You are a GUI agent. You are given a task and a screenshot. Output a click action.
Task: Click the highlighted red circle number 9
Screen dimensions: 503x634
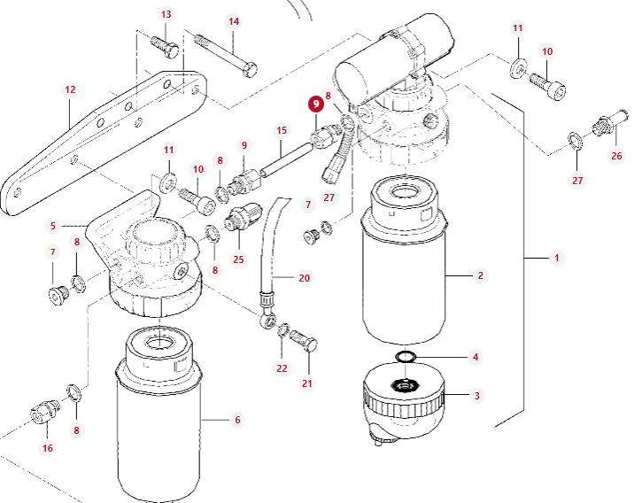tap(316, 104)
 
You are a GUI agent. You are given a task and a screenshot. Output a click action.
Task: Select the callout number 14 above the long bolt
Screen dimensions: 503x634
tap(234, 21)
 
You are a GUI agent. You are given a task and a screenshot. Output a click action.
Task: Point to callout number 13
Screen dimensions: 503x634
tap(166, 15)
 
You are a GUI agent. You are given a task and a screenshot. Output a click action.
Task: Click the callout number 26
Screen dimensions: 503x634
tap(616, 156)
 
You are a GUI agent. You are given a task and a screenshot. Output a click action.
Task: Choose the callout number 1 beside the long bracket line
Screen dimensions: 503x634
tap(557, 258)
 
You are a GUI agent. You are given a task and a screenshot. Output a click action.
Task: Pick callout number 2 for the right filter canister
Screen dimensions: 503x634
tap(480, 275)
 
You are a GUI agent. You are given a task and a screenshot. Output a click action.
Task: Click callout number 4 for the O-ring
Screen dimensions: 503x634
tap(475, 357)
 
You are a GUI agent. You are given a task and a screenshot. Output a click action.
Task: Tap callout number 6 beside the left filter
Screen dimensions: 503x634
tap(237, 420)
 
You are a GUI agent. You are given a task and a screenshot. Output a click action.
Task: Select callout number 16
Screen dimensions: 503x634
tap(48, 448)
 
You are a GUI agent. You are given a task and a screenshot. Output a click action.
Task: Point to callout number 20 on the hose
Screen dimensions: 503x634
tap(304, 277)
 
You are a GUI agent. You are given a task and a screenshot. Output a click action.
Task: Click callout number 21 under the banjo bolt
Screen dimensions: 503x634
tap(307, 383)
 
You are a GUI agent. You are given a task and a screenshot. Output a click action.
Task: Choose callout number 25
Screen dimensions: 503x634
tap(238, 259)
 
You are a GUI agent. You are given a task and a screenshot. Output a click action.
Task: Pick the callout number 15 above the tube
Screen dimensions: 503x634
tap(282, 130)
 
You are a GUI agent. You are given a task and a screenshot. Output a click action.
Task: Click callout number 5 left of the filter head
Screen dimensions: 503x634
tap(53, 226)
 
